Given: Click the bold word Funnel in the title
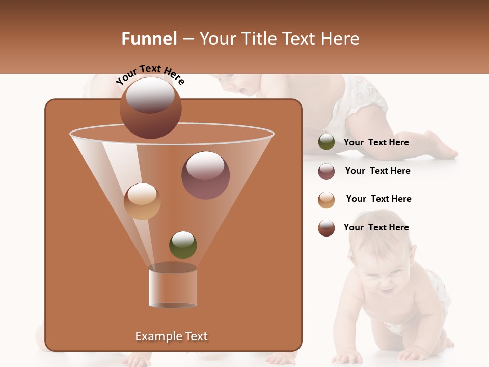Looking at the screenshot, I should tap(149, 39).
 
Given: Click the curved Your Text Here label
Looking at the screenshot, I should tap(150, 74).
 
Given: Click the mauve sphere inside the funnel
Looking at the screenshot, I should tap(205, 175).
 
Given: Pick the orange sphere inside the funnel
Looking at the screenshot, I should tap(142, 201).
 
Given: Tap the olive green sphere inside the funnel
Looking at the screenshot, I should tap(183, 245).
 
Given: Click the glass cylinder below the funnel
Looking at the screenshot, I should tap(173, 285).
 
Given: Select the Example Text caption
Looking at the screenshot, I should tap(171, 336).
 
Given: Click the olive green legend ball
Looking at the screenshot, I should tap(327, 142).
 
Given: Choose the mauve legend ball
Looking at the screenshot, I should tap(327, 171).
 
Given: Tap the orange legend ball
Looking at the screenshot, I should tap(327, 200).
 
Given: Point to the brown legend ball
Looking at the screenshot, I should tap(327, 228).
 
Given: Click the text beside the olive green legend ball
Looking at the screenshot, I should tap(376, 143).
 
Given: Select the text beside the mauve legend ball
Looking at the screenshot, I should tap(377, 171).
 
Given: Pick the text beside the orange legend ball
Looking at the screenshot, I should tap(378, 199).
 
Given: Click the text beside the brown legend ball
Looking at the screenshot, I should tap(376, 228).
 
